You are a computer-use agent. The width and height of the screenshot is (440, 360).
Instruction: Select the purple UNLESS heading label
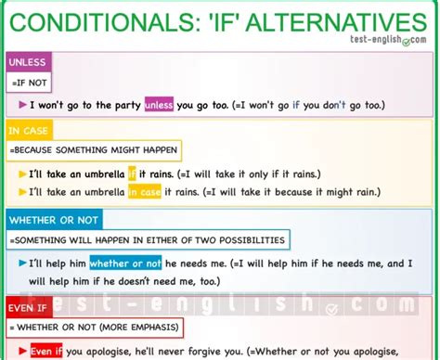tap(27, 62)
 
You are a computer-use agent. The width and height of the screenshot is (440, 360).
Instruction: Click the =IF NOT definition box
tap(28, 84)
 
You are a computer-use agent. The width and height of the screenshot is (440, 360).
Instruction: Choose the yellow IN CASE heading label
tap(29, 131)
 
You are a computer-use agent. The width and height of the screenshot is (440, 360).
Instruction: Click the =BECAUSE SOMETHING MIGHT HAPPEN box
tap(94, 151)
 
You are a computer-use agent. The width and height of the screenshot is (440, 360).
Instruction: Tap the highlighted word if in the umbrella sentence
tap(132, 174)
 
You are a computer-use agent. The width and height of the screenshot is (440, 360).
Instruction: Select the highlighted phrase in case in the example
tap(143, 192)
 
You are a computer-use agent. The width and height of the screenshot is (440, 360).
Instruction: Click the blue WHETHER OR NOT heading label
tap(48, 220)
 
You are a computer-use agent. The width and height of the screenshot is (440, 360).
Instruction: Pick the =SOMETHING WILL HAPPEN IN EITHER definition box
tap(147, 241)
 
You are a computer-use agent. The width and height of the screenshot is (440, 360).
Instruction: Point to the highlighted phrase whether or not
tap(125, 264)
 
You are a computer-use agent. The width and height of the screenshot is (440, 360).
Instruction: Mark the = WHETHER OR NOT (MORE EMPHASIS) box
tap(95, 327)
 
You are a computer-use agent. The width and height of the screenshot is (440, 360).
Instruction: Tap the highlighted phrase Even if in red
tap(46, 352)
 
